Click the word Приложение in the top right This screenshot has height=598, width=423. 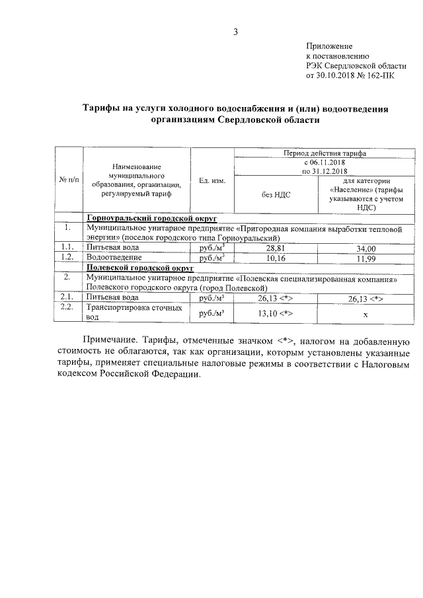click(x=329, y=46)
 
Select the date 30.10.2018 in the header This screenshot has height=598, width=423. click(x=340, y=76)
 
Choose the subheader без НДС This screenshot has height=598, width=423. click(x=277, y=194)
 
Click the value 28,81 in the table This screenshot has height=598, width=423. click(x=277, y=248)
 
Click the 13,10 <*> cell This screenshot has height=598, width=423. click(x=277, y=313)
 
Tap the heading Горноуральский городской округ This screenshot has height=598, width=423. click(x=151, y=217)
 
